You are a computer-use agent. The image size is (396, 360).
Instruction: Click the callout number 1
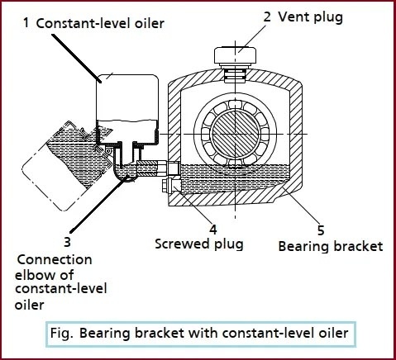[26, 22]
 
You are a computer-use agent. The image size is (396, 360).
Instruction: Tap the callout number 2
[267, 17]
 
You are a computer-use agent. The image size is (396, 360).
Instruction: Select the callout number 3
[67, 242]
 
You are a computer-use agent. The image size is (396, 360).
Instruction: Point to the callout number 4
[213, 229]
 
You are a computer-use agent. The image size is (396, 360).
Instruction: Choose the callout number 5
[321, 230]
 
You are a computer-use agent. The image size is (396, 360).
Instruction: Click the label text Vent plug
[311, 17]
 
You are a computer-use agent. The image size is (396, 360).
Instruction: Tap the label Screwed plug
[199, 244]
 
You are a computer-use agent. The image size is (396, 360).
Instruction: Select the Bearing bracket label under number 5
[331, 246]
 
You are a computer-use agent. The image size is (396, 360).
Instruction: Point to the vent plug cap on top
[236, 55]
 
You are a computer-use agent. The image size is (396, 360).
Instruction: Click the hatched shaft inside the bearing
[235, 135]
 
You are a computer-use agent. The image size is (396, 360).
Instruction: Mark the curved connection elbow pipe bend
[124, 172]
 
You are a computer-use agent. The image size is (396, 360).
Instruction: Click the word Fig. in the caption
[62, 334]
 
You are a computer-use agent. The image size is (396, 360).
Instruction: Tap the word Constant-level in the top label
[84, 23]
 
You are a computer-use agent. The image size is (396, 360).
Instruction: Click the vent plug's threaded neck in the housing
[235, 75]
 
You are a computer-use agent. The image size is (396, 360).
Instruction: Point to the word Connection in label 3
[55, 260]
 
